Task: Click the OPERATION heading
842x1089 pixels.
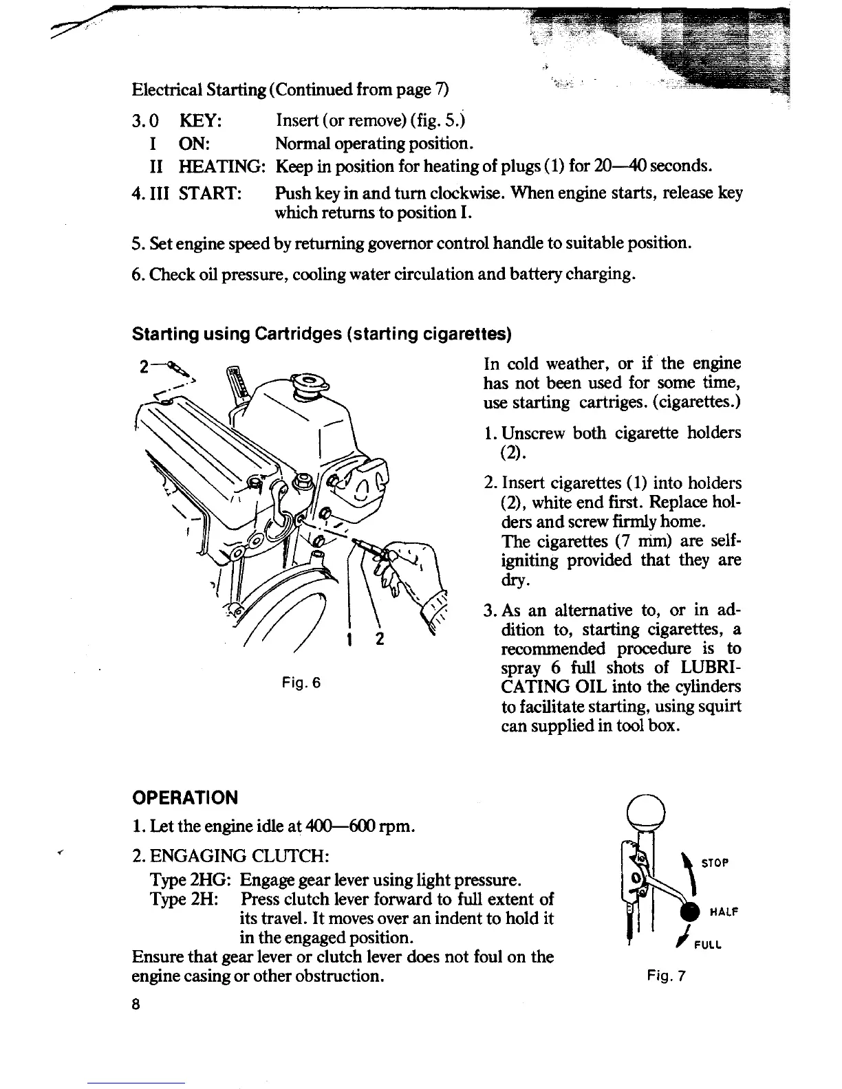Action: (184, 797)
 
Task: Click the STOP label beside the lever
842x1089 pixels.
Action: (716, 863)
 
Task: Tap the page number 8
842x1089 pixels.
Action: (136, 1004)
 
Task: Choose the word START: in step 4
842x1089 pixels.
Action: (209, 193)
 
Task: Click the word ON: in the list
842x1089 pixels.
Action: (194, 144)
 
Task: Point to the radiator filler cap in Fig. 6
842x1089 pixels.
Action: (310, 382)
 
